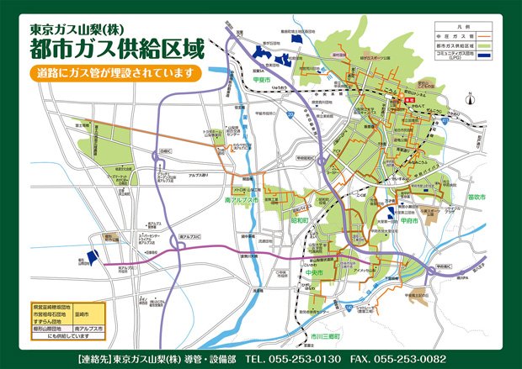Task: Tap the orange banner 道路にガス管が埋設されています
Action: pyautogui.click(x=116, y=72)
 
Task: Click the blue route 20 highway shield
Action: pyautogui.click(x=289, y=113)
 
